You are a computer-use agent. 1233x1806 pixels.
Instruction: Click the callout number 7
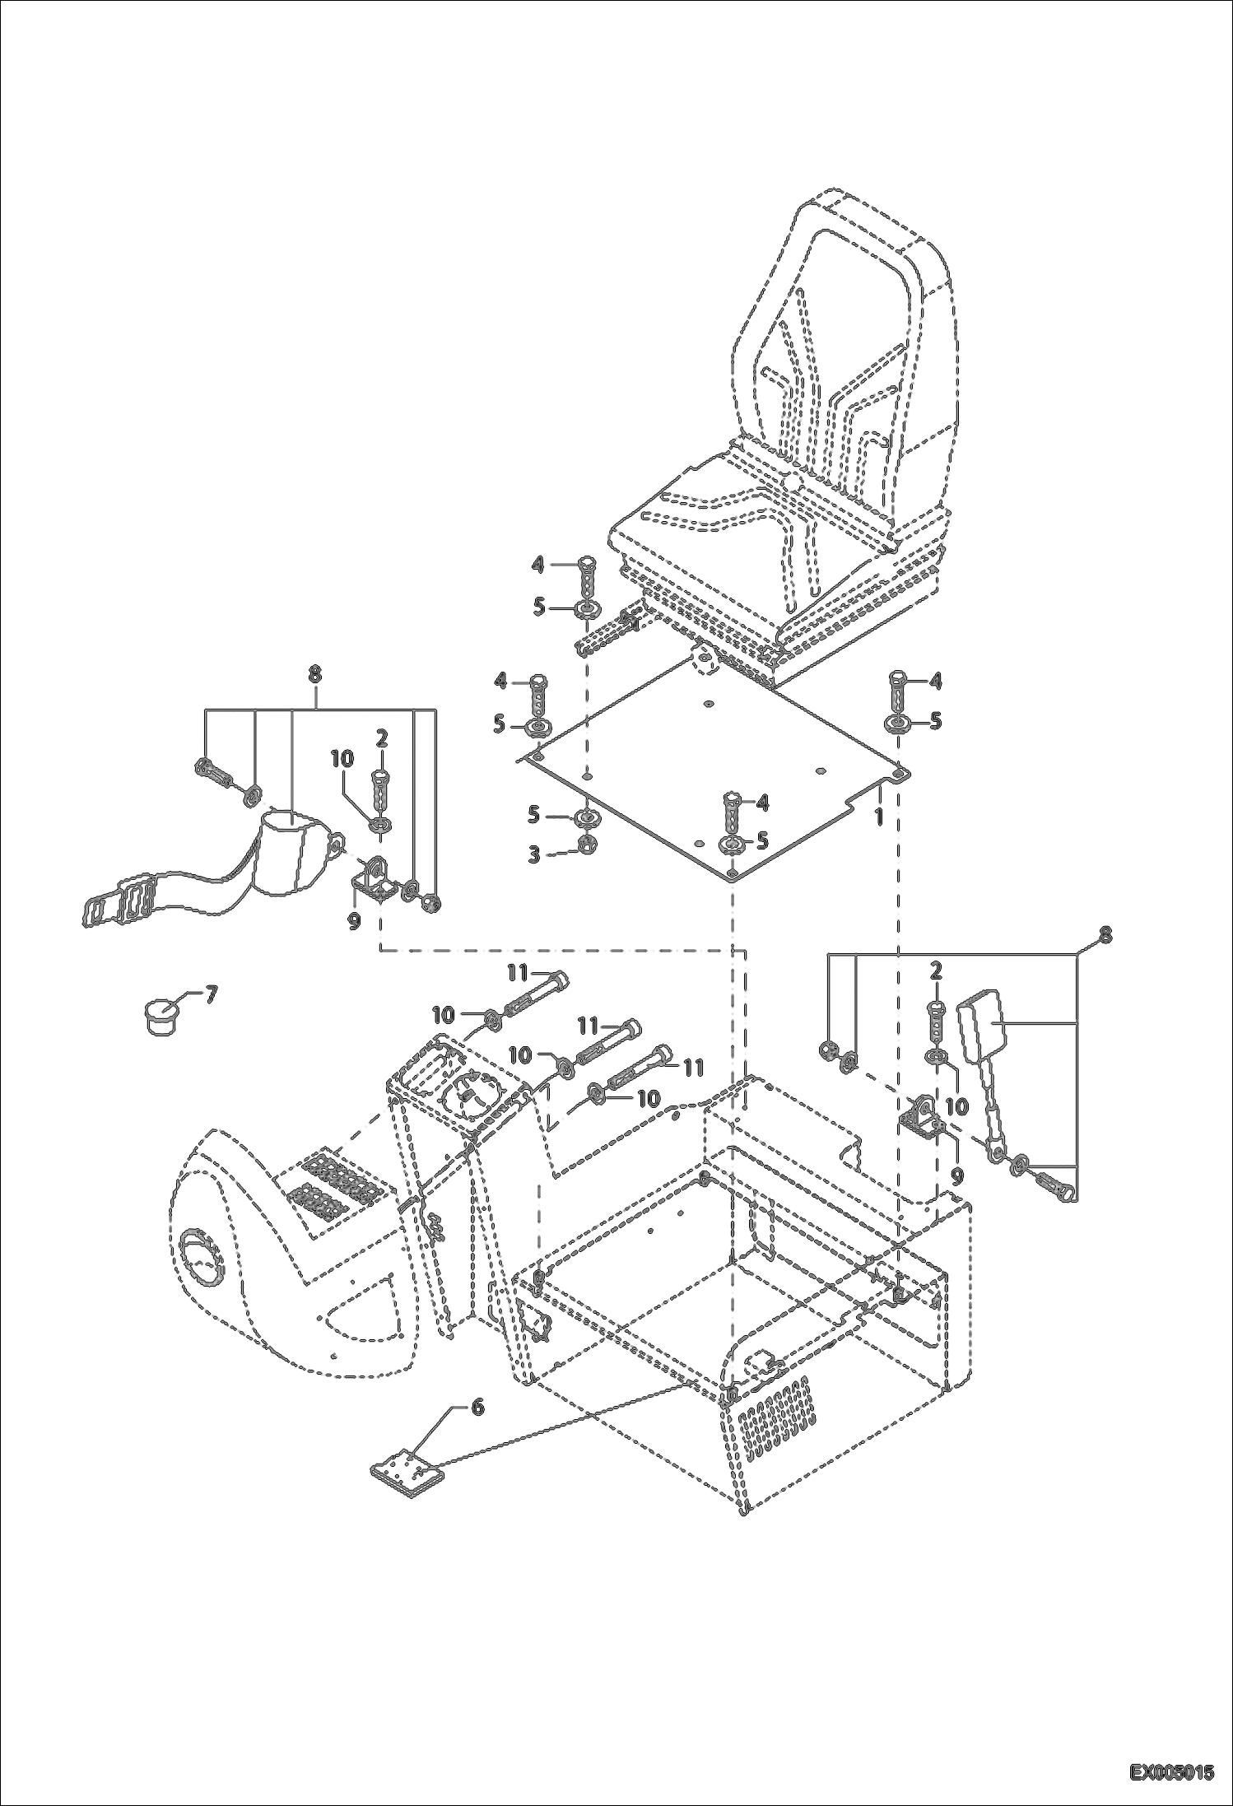211,994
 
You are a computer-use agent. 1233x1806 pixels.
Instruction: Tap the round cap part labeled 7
161,1014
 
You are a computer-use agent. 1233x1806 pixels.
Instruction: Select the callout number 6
477,1407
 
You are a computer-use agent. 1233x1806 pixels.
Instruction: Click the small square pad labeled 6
404,1479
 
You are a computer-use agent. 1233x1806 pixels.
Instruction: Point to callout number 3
534,854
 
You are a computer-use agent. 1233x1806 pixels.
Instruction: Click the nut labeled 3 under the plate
589,845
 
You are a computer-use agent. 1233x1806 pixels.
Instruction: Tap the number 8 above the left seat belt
314,673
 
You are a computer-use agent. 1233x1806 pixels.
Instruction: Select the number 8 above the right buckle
1105,934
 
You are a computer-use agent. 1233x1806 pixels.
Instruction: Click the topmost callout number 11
516,972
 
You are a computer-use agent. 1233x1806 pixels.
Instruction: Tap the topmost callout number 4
537,564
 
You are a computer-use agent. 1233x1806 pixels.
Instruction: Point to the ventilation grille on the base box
774,1417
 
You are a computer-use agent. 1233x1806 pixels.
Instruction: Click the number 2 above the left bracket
382,738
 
